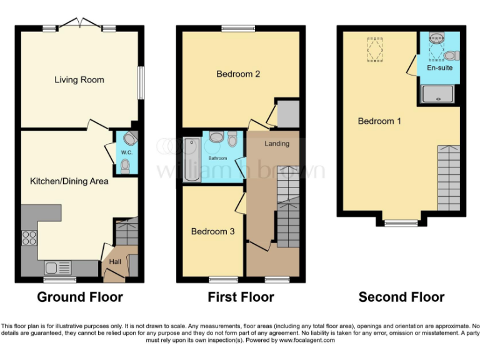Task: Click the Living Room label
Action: tap(79, 80)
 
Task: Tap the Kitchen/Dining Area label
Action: tap(69, 181)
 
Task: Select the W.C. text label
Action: tap(126, 152)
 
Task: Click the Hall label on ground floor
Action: tap(115, 261)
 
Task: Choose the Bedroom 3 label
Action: tap(212, 231)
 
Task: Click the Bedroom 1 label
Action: tap(379, 121)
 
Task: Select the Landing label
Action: tap(277, 144)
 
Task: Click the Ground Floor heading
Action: tap(80, 297)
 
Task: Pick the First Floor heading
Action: tap(241, 297)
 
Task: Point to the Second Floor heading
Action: tap(401, 297)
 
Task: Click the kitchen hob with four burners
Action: tap(29, 238)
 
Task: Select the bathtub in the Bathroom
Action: tap(189, 159)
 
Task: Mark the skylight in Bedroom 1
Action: tap(375, 49)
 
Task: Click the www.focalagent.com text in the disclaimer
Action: tap(307, 341)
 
